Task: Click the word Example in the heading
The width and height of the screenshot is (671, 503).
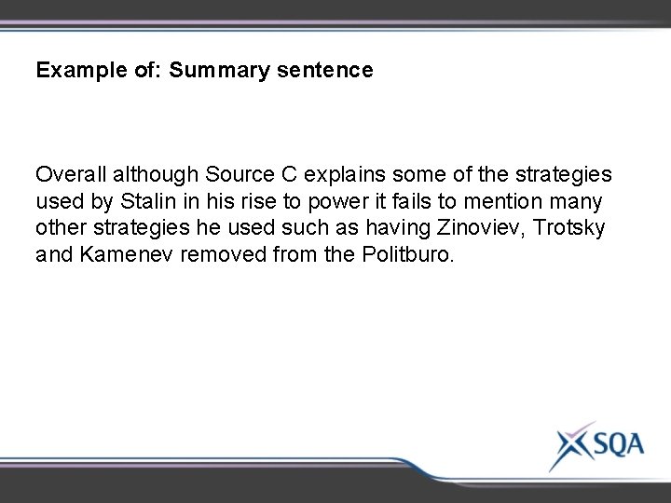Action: pos(71,70)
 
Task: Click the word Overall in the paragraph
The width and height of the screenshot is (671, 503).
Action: pos(68,174)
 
